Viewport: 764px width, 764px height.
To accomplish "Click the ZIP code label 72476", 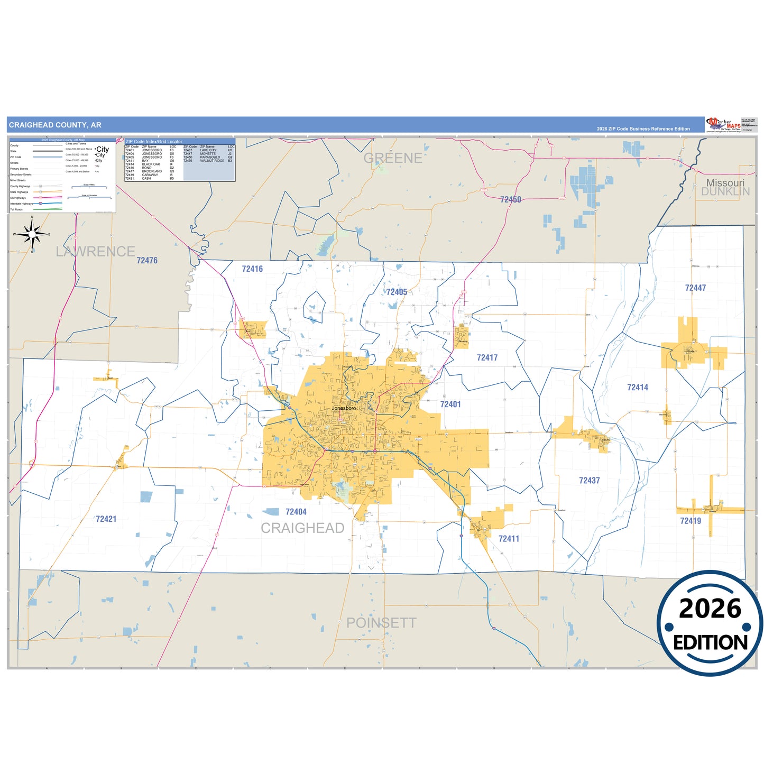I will point(147,260).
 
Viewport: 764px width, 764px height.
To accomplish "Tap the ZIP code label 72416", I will point(252,269).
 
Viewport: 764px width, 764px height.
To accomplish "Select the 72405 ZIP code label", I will point(397,292).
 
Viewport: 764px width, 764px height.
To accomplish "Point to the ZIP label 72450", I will point(511,199).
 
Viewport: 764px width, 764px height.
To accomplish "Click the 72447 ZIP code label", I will point(695,288).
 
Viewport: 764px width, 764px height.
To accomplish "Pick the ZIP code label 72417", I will point(487,357).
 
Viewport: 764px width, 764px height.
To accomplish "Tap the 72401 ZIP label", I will point(450,404).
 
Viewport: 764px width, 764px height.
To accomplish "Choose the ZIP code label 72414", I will point(638,387).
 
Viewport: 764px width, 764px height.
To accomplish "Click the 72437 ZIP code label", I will point(589,480).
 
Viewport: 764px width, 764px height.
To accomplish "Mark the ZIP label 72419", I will point(691,521).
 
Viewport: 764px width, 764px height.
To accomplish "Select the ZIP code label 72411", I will point(509,538).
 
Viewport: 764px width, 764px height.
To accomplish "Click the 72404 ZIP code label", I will point(296,511).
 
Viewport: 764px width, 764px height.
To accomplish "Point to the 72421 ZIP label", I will point(106,519).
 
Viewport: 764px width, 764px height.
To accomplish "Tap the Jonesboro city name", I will point(344,408).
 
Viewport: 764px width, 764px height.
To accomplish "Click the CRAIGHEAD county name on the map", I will point(302,528).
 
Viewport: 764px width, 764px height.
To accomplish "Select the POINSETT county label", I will point(381,623).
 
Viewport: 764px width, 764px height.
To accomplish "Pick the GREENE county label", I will point(393,158).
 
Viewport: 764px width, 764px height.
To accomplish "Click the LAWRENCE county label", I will point(96,251).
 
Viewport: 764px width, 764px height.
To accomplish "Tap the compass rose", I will point(32,233).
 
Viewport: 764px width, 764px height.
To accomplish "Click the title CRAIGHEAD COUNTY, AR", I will point(55,125).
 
